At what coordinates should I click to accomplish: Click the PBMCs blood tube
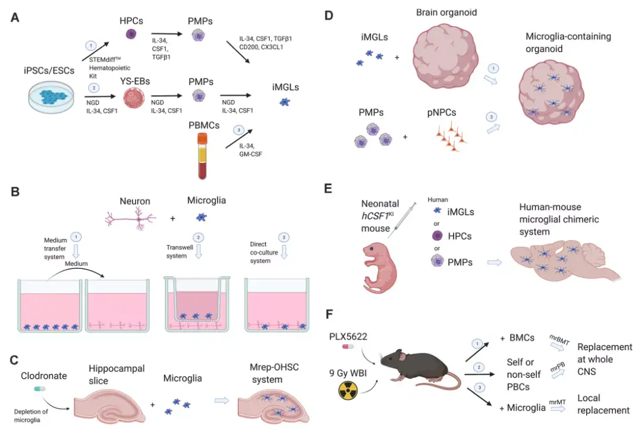pyautogui.click(x=203, y=156)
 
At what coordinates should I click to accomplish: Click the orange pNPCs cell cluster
pyautogui.click(x=450, y=137)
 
